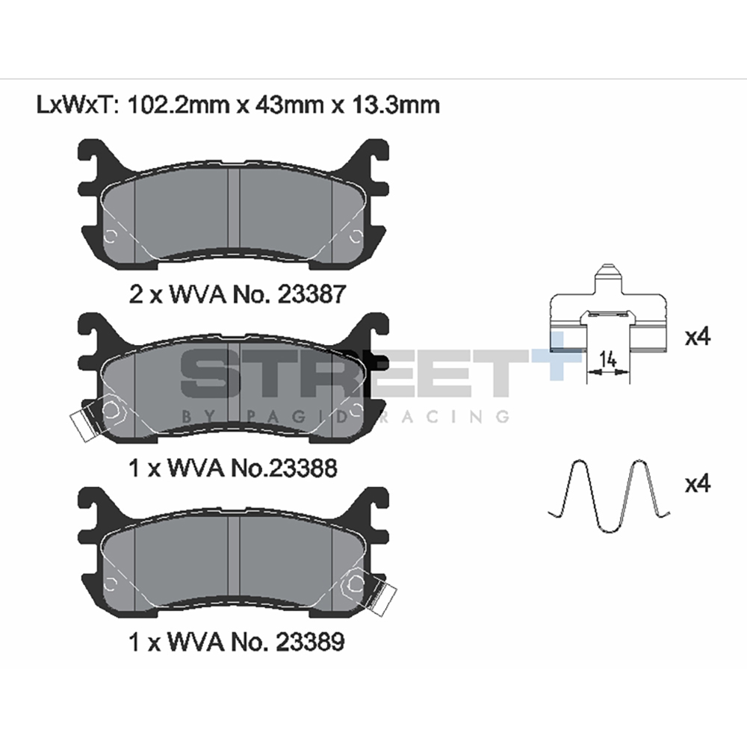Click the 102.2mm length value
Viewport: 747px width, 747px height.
[179, 105]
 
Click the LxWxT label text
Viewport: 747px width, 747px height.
[76, 105]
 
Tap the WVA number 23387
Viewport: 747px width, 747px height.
[311, 294]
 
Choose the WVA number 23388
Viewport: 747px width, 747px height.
[304, 468]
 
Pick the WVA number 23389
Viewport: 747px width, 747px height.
[311, 642]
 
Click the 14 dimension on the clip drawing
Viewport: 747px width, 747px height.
[607, 359]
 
